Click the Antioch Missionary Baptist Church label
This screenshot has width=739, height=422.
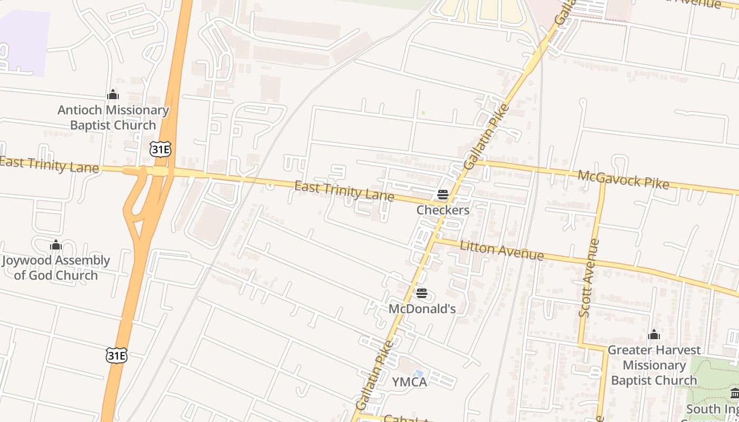click(113, 118)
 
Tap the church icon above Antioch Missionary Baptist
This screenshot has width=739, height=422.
click(112, 95)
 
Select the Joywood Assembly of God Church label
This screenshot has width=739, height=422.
click(56, 267)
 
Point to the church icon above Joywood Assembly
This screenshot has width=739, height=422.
click(56, 245)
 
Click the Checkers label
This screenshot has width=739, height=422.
click(443, 210)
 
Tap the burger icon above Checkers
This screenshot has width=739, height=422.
click(443, 195)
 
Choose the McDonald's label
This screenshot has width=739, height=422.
click(422, 309)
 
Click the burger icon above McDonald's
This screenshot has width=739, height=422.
click(421, 293)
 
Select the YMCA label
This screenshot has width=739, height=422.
click(409, 382)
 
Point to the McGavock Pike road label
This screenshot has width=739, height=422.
click(623, 180)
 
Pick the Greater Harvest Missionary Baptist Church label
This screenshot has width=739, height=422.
click(654, 365)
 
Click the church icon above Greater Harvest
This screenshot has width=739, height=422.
click(654, 335)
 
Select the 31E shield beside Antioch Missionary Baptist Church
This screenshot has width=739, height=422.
click(160, 149)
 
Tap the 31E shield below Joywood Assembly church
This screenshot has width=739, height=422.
click(116, 355)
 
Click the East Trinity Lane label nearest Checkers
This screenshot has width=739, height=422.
click(344, 191)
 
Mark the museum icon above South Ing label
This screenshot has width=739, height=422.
click(735, 393)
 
